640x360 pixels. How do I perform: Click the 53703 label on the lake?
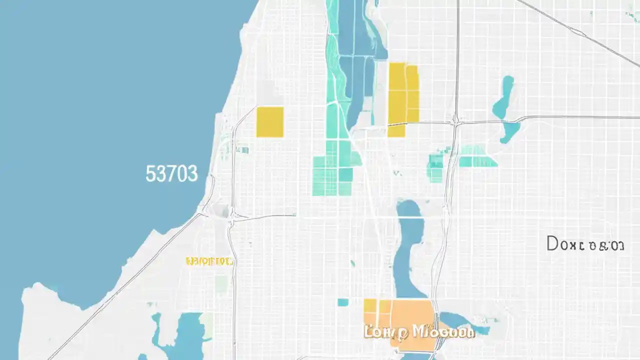(x=171, y=174)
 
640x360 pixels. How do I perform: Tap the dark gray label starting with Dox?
(x=585, y=244)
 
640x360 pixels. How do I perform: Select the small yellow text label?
(x=208, y=261)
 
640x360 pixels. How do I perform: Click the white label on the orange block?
(x=419, y=331)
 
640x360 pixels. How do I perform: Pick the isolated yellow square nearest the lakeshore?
(x=270, y=121)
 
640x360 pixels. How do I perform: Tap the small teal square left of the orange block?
(x=342, y=302)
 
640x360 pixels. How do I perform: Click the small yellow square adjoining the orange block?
(x=369, y=306)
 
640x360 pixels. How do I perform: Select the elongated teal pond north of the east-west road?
(x=504, y=97)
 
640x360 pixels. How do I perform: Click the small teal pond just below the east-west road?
(x=510, y=132)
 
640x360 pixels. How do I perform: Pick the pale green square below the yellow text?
(x=221, y=284)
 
